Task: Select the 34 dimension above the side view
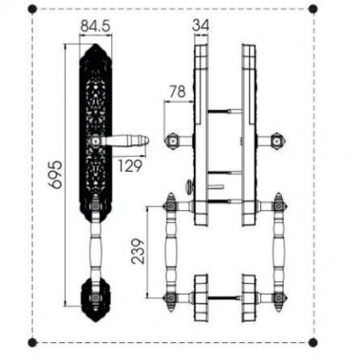pyautogui.click(x=200, y=25)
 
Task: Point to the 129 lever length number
pyautogui.click(x=131, y=165)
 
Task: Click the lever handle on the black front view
pyautogui.click(x=123, y=142)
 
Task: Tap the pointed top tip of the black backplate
pyautogui.click(x=93, y=46)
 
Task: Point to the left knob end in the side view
pyautogui.click(x=173, y=142)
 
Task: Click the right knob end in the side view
pyautogui.click(x=275, y=142)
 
